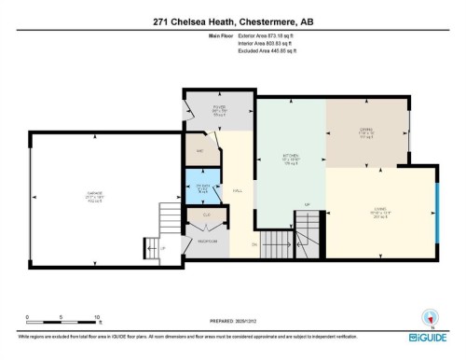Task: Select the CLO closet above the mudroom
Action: click(x=206, y=215)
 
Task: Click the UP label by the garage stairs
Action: click(x=163, y=249)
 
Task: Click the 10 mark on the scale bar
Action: click(x=97, y=317)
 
